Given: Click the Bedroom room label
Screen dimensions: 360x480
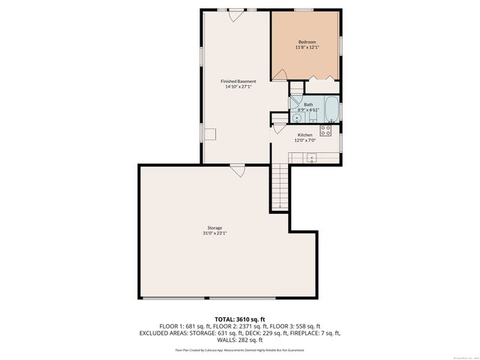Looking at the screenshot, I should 307,41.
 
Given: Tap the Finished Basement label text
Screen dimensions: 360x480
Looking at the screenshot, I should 238,81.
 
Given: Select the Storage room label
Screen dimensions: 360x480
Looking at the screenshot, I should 214,227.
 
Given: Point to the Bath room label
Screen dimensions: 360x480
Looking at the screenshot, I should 308,104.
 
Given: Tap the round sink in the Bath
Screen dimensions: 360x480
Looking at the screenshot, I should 297,117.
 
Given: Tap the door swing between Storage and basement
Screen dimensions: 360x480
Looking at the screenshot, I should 238,170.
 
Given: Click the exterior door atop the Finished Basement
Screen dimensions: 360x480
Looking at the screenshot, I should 236,12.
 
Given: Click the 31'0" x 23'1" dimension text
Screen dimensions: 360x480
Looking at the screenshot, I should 214,233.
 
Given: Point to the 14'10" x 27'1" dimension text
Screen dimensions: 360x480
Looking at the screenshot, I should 238,87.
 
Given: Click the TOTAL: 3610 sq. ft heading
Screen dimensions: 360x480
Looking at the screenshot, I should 240,318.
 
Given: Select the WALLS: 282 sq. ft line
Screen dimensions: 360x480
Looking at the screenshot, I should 240,339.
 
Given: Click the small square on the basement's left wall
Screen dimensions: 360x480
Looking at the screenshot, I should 211,133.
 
